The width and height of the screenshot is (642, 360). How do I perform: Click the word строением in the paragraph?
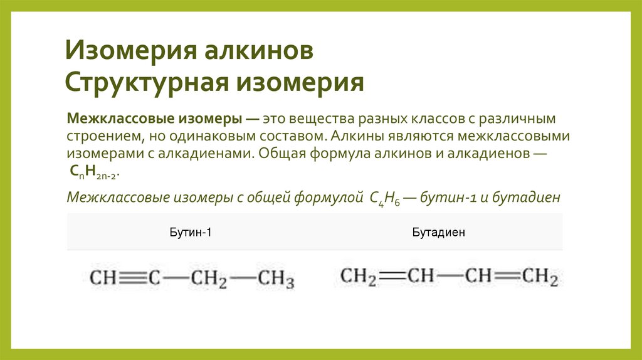click(103, 135)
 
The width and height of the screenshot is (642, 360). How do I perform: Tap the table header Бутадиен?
click(438, 233)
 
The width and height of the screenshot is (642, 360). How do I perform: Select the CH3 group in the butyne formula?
click(276, 278)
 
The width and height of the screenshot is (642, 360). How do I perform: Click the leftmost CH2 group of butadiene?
click(358, 276)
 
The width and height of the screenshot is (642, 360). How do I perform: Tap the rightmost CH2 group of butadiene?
click(540, 276)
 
